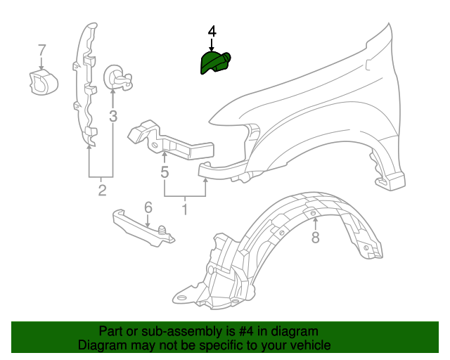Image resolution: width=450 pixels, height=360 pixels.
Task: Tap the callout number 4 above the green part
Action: pyautogui.click(x=212, y=32)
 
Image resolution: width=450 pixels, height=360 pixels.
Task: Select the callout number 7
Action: pyautogui.click(x=41, y=50)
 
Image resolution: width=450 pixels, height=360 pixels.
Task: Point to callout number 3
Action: pyautogui.click(x=112, y=115)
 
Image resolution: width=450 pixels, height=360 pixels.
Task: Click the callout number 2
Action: pyautogui.click(x=102, y=191)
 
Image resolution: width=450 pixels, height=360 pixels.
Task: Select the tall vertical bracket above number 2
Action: pyautogui.click(x=85, y=84)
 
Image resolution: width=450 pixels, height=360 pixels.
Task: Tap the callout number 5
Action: pyautogui.click(x=165, y=172)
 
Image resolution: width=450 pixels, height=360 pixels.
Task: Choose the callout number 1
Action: pyautogui.click(x=185, y=210)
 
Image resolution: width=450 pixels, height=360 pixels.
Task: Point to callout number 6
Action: pyautogui.click(x=148, y=207)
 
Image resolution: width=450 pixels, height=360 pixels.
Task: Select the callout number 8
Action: pyautogui.click(x=315, y=238)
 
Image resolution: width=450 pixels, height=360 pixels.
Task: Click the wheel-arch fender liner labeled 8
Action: pyautogui.click(x=281, y=253)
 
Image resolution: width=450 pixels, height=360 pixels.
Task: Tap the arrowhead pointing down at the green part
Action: pyautogui.click(x=212, y=47)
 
